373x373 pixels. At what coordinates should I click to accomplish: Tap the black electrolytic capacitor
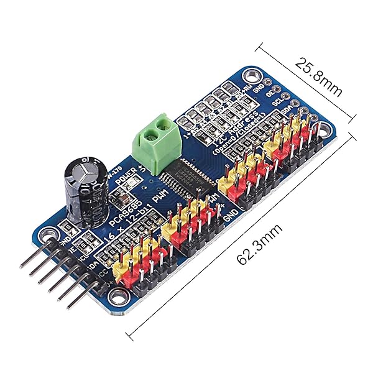pos(81,191)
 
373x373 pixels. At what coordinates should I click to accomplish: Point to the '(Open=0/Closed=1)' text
pos(240,136)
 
